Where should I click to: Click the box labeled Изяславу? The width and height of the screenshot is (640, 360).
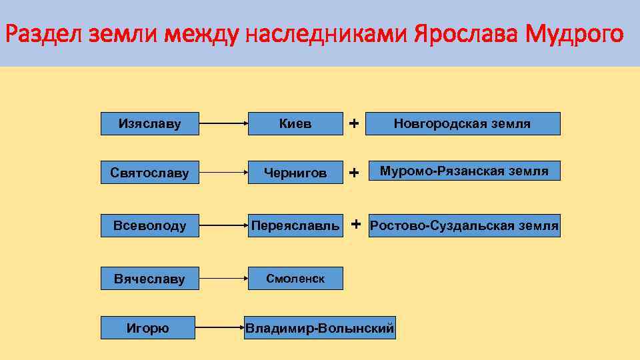click(x=149, y=123)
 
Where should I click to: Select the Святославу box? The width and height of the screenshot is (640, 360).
click(x=149, y=173)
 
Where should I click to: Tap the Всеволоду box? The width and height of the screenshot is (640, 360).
click(x=149, y=225)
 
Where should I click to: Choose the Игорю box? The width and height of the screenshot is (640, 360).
click(x=147, y=327)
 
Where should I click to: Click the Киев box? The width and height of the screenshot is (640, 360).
click(x=295, y=123)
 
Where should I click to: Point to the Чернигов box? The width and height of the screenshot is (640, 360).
click(x=295, y=173)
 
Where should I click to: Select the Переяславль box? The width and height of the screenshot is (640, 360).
click(x=295, y=225)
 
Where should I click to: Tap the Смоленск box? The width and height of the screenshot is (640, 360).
click(x=295, y=279)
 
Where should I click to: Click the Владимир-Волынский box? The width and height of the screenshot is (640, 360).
click(x=319, y=327)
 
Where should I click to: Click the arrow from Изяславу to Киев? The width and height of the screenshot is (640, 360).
click(x=223, y=124)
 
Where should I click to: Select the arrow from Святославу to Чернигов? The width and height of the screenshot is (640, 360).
click(x=223, y=174)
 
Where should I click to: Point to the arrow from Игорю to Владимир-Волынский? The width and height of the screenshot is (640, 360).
click(x=220, y=328)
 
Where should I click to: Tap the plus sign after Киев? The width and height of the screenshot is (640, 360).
click(x=354, y=123)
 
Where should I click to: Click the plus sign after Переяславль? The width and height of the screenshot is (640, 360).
click(x=357, y=223)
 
